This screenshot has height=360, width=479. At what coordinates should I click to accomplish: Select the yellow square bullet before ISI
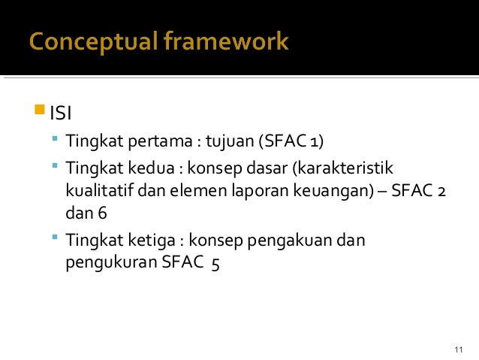click(x=40, y=113)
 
